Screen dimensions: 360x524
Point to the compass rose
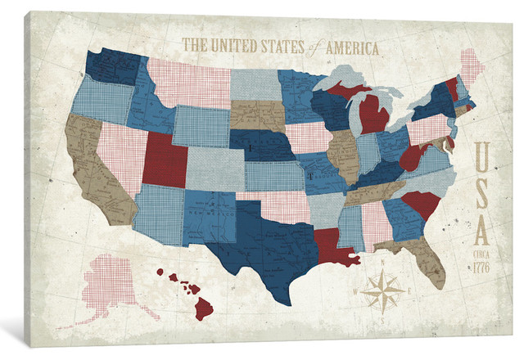383,290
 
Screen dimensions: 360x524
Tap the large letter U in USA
482,156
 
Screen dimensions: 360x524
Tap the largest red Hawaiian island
203,308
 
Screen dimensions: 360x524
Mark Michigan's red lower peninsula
373,115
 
